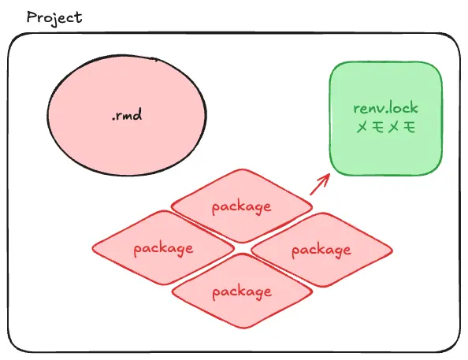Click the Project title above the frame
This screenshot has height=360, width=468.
(x=54, y=18)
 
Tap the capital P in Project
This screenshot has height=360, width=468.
(x=32, y=17)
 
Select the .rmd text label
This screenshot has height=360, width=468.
(x=127, y=114)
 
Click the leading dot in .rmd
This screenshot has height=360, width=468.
(x=113, y=119)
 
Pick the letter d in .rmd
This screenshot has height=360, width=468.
(x=137, y=114)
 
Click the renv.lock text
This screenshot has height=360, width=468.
(x=385, y=108)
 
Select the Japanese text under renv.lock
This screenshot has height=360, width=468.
(x=385, y=127)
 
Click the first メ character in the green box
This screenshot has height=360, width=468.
(x=362, y=127)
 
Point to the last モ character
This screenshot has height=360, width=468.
(x=409, y=127)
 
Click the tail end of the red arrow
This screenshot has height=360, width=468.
(x=310, y=195)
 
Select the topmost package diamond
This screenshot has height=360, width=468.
(x=242, y=206)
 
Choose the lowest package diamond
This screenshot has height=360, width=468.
(x=243, y=291)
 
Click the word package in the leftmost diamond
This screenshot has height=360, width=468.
(x=163, y=248)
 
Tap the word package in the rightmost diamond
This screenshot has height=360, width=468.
(x=321, y=251)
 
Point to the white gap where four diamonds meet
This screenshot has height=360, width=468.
(x=243, y=248)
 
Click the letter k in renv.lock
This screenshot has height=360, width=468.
(x=414, y=108)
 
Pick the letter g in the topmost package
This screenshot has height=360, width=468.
(x=259, y=208)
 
